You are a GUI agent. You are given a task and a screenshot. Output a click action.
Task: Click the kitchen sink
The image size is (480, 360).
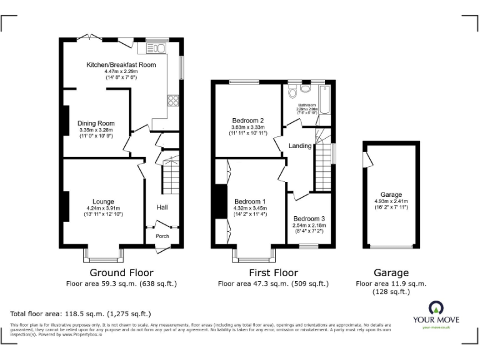(x=157, y=48)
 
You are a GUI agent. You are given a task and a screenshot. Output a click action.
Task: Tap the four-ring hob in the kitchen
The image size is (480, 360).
(x=172, y=100)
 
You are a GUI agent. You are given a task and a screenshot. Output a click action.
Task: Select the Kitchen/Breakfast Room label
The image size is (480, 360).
(x=121, y=64)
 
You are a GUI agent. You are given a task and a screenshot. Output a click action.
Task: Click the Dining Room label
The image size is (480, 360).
(x=96, y=123)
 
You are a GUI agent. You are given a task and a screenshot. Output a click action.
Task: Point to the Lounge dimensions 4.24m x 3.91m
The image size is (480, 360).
(x=103, y=208)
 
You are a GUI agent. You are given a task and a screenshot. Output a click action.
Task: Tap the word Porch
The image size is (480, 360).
(x=162, y=236)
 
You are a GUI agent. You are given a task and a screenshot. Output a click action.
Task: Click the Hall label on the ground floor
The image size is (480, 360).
(x=161, y=207)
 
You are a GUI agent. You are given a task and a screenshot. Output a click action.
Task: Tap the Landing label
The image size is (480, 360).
(x=300, y=146)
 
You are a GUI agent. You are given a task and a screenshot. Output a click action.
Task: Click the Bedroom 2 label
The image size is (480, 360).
(x=248, y=121)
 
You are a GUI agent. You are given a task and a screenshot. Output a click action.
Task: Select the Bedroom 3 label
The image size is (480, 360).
(x=309, y=219)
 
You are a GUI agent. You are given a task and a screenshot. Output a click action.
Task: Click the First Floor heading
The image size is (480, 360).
(x=274, y=272)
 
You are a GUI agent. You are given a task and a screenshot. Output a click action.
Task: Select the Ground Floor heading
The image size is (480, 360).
(x=121, y=272)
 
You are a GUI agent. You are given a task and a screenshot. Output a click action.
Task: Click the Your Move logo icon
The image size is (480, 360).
(x=436, y=307)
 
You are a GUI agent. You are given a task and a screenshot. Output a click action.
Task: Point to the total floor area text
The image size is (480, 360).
(x=81, y=313)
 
